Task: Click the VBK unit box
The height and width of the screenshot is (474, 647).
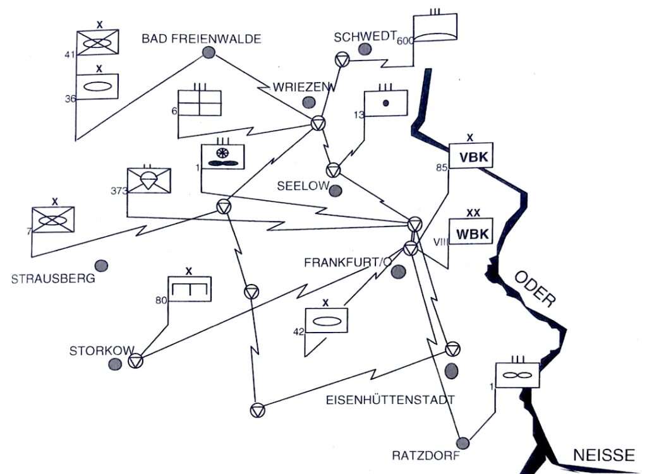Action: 471,157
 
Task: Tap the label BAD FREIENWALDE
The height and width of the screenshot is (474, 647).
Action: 201,39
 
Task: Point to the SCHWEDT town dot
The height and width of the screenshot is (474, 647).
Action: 364,49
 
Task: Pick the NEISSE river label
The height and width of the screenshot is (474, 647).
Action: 603,455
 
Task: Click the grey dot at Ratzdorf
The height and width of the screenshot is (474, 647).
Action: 463,442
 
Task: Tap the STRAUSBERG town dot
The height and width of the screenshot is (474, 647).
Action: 100,266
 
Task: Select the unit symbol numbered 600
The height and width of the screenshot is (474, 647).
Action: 434,29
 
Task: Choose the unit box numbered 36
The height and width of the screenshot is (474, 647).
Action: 97,86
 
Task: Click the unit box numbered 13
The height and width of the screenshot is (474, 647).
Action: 385,102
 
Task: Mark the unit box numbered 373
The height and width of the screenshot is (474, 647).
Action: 148,181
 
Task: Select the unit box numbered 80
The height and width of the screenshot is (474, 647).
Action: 189,289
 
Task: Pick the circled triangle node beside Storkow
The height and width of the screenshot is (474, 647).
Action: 135,361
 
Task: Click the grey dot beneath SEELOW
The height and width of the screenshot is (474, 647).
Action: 336,189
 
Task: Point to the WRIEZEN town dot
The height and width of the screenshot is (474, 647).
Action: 309,102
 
